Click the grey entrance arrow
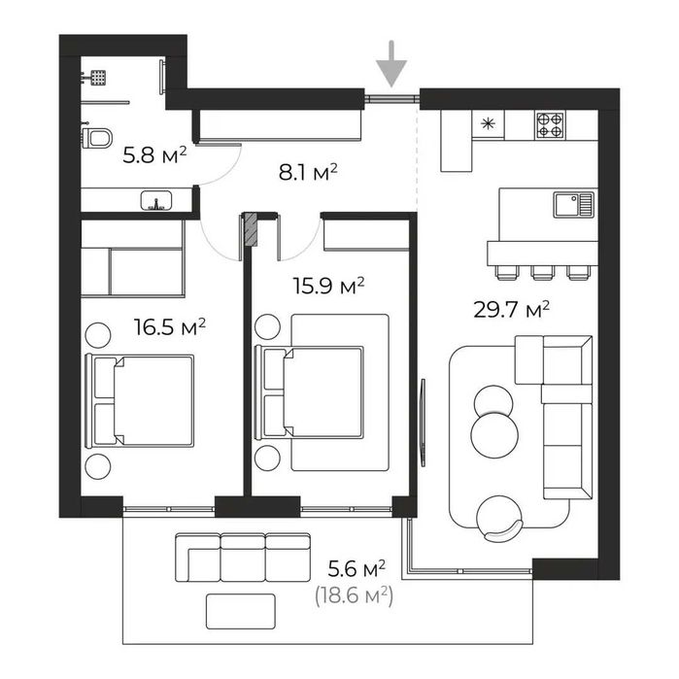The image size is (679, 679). coord(391,65)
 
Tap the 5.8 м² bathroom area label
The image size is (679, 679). coord(154,155)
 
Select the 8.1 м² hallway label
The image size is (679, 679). coord(308,172)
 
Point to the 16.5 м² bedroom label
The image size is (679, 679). coord(170,327)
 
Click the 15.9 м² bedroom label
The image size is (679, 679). coord(328,286)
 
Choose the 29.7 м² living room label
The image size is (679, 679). coord(511,309)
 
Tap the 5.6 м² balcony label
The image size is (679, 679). coord(356,568)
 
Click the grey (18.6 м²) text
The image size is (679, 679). coord(355,595)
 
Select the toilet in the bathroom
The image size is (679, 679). coord(97,138)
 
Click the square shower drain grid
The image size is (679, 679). coord(98,78)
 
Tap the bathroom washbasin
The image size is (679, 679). coord(156,201)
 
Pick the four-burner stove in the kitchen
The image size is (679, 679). coord(551,125)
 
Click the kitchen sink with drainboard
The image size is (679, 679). coord(574,205)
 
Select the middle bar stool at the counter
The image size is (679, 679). coord(543,273)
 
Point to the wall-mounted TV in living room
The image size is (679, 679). coord(424,423)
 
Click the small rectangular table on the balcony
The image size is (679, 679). coord(240,611)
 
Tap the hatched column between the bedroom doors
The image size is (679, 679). coord(251,229)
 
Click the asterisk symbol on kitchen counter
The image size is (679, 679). coord(488,124)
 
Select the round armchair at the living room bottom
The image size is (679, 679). coord(499,519)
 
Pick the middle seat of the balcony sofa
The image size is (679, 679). coord(243,558)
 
